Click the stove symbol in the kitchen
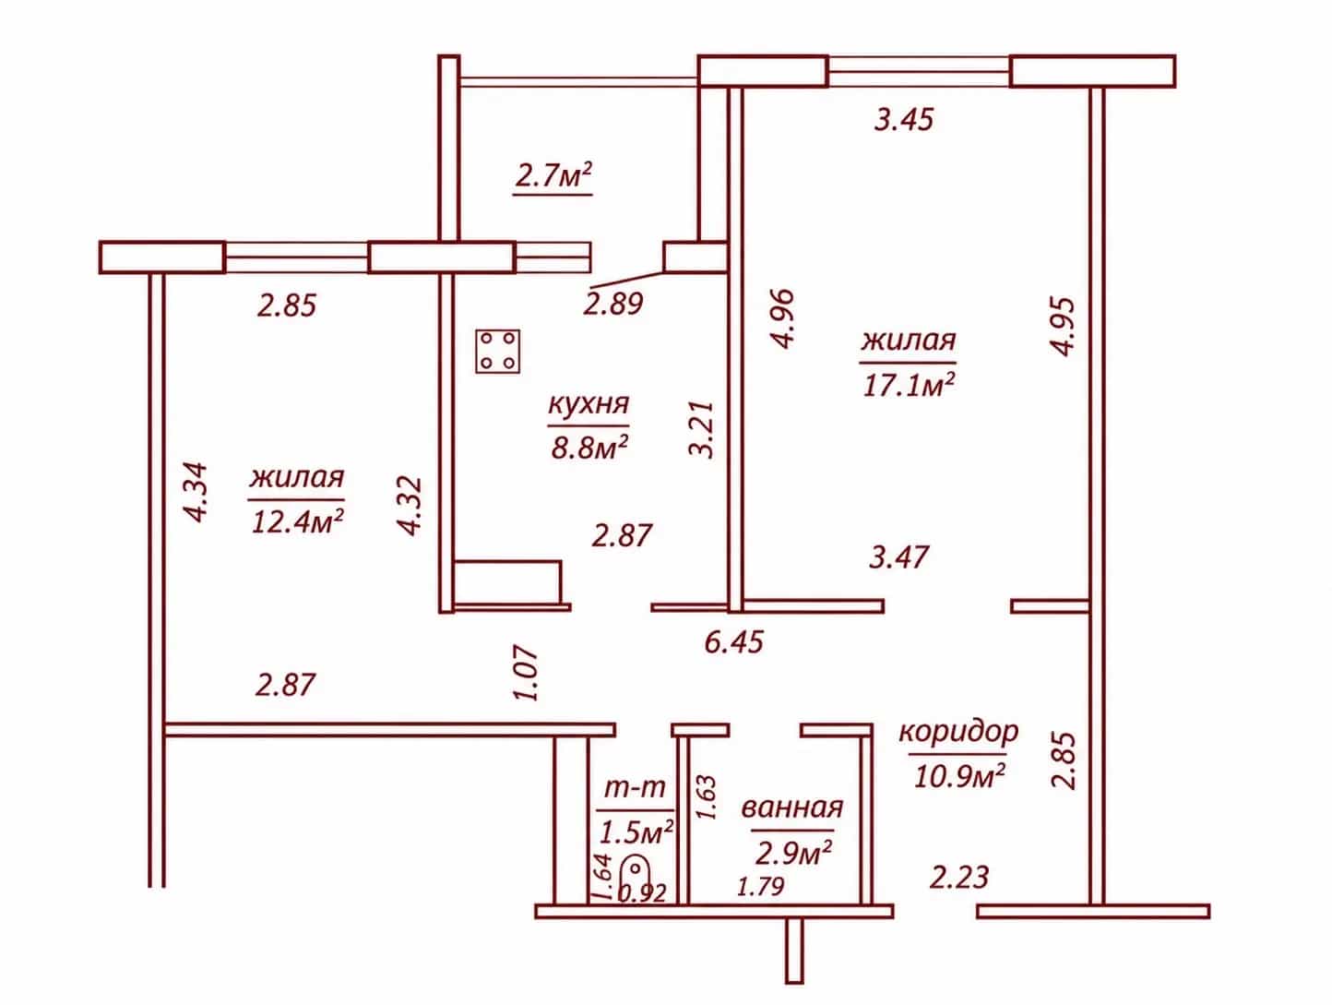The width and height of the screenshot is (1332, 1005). pyautogui.click(x=497, y=352)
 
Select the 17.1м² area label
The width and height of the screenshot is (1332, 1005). pyautogui.click(x=909, y=385)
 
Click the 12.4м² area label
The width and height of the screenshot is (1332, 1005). pyautogui.click(x=297, y=520)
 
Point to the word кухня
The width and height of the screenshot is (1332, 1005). pyautogui.click(x=589, y=404)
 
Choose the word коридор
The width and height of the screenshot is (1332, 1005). pyautogui.click(x=958, y=733)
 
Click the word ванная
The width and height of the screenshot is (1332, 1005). pyautogui.click(x=792, y=808)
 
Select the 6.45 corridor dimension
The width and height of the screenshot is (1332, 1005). pyautogui.click(x=734, y=641)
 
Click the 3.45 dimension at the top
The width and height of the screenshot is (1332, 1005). pyautogui.click(x=904, y=119)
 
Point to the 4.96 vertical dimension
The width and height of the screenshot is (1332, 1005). pyautogui.click(x=782, y=318)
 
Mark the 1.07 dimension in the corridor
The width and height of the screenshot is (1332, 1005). pyautogui.click(x=526, y=673)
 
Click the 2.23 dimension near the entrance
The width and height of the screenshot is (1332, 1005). pyautogui.click(x=959, y=877)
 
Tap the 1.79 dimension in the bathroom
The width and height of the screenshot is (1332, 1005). pyautogui.click(x=760, y=887)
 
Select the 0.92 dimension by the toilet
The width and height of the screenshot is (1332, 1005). pyautogui.click(x=642, y=893)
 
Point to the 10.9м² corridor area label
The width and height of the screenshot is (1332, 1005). pyautogui.click(x=960, y=775)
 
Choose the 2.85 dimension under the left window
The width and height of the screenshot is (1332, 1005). pyautogui.click(x=287, y=305)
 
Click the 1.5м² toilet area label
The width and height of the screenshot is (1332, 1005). pyautogui.click(x=636, y=832)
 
